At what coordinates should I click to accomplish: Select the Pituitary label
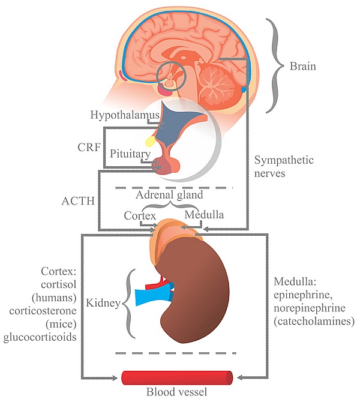click(x=129, y=154)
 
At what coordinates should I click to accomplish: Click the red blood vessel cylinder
click(x=177, y=378)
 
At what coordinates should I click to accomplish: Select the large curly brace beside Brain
click(x=275, y=64)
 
